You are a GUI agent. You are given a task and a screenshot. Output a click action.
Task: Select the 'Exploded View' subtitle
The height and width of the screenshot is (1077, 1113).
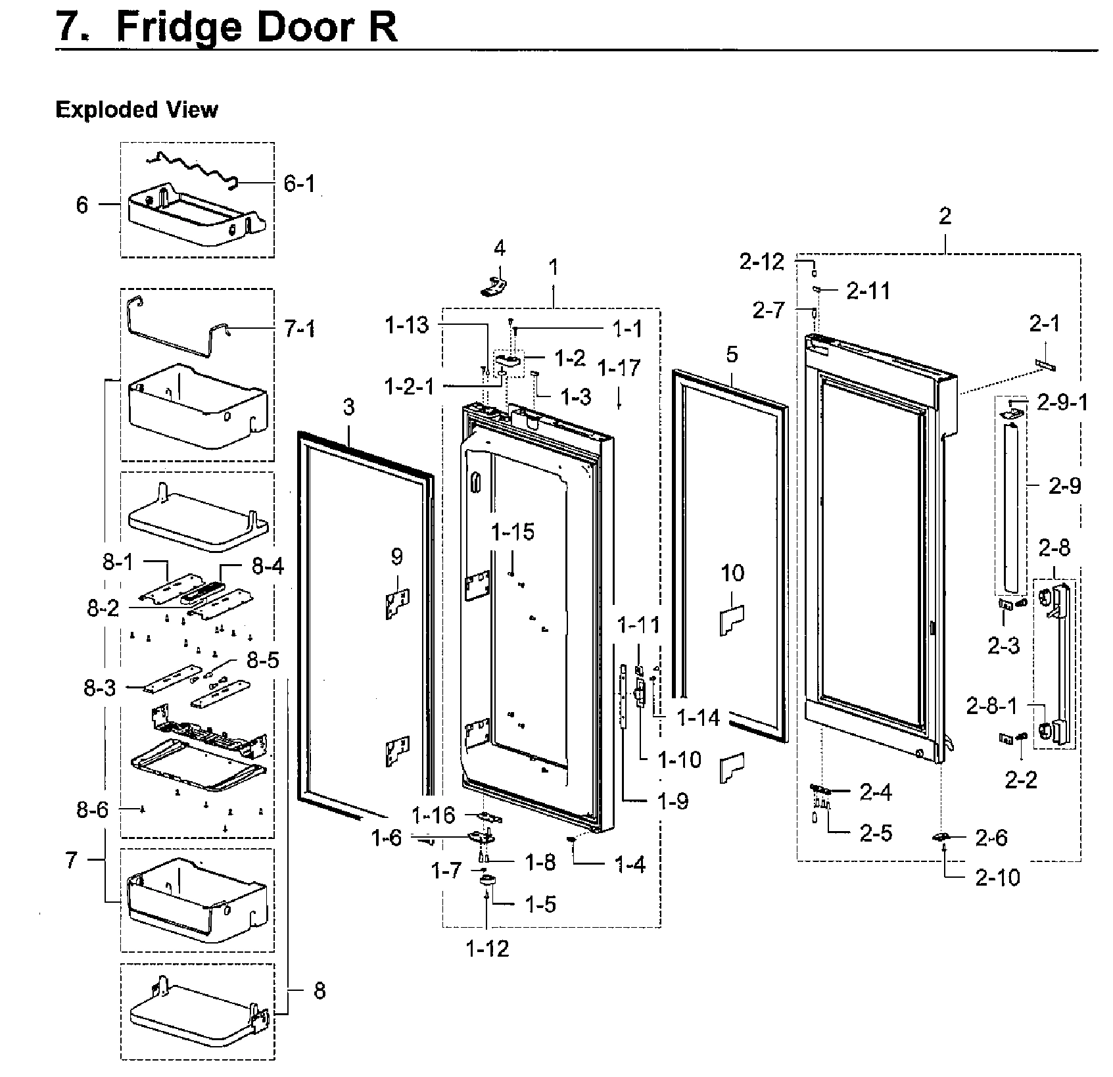[x=136, y=109]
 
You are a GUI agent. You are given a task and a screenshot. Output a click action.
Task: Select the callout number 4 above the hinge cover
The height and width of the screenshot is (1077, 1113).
[x=500, y=249]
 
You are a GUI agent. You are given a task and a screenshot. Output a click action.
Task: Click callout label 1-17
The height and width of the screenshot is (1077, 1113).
[x=619, y=368]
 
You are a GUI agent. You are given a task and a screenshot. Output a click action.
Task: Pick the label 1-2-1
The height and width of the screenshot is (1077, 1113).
[x=410, y=387]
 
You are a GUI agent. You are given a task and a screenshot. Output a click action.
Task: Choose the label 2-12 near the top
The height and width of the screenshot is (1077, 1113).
[x=762, y=262]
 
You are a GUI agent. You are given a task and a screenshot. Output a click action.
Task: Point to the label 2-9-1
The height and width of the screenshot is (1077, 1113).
[x=1062, y=402]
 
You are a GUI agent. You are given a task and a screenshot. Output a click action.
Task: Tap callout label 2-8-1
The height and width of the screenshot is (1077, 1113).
[x=991, y=706]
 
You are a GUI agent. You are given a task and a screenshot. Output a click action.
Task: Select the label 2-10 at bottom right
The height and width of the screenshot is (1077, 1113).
[x=997, y=877]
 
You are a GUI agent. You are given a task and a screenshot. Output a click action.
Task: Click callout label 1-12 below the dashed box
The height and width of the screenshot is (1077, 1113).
[x=487, y=948]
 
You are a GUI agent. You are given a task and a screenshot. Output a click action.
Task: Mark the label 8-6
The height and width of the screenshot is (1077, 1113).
[x=92, y=810]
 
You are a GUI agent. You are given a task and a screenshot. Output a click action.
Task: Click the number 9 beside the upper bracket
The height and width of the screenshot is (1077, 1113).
[x=396, y=557]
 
